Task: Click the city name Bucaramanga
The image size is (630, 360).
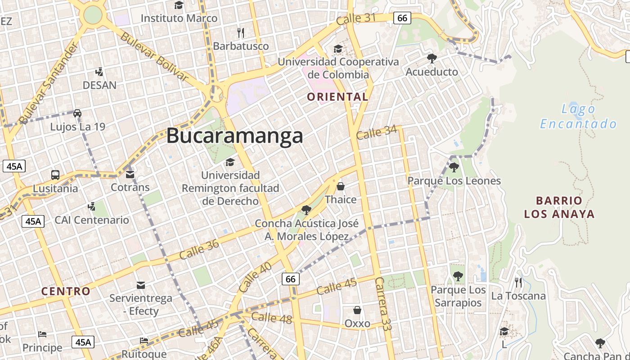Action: (x=234, y=135)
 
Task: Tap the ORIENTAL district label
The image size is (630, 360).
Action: (x=337, y=96)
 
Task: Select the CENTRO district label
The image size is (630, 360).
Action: (x=66, y=291)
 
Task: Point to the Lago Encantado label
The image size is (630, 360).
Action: (x=578, y=116)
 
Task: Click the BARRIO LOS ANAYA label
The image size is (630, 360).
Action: (x=559, y=207)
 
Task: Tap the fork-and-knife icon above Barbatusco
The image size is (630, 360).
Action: (x=241, y=32)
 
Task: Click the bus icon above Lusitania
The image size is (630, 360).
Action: (x=55, y=175)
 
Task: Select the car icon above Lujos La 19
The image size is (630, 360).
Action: (x=77, y=113)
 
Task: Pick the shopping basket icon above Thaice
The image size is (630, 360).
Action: (x=341, y=186)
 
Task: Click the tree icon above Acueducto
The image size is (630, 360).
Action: (x=432, y=58)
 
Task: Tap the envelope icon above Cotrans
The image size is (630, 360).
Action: (x=130, y=174)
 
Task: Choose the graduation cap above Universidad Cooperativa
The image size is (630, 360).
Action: (x=338, y=48)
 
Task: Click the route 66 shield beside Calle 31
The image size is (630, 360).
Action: (x=402, y=18)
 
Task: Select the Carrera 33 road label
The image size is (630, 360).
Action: (x=383, y=310)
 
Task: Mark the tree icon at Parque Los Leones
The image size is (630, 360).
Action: (x=454, y=167)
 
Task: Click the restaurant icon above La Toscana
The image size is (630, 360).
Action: (x=518, y=282)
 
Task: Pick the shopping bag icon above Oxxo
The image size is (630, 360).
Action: (x=357, y=310)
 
